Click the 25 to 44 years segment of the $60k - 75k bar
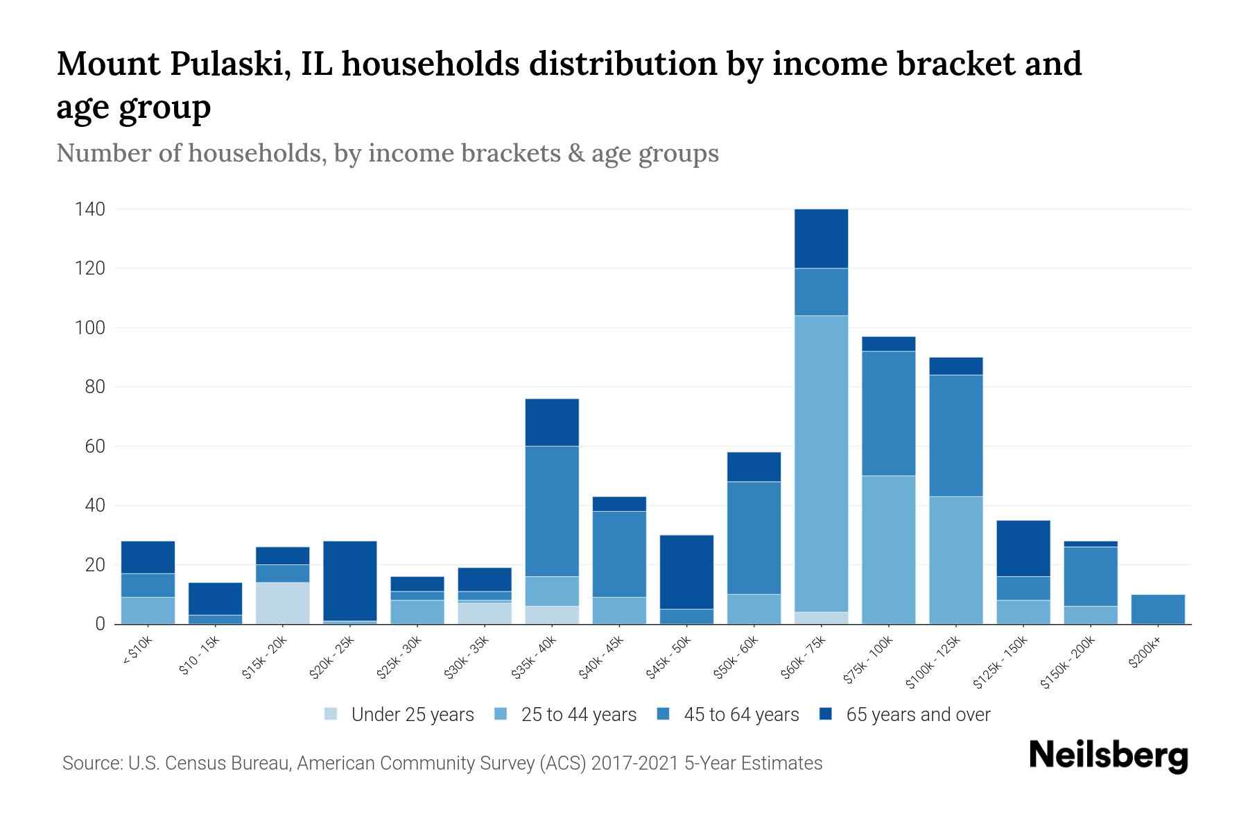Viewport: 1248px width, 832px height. [821, 463]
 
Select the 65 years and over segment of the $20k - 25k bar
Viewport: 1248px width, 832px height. [350, 580]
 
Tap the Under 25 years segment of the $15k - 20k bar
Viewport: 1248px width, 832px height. [282, 603]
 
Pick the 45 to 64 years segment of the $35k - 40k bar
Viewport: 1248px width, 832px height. [552, 511]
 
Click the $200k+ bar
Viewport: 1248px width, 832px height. [1158, 609]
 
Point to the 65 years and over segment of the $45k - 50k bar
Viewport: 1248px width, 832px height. [686, 571]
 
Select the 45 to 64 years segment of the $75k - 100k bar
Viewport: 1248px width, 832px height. [888, 413]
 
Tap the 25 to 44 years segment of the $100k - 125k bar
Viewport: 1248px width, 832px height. [955, 560]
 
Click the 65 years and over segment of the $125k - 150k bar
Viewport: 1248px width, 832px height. [1023, 548]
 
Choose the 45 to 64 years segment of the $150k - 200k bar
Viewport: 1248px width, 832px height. [1091, 576]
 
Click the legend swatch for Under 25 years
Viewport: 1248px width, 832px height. [331, 714]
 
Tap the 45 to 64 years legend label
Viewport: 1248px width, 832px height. [741, 715]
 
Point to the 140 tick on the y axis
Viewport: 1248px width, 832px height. [90, 209]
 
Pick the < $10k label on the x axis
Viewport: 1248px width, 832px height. [137, 652]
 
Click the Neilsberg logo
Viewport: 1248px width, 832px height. [1109, 756]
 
